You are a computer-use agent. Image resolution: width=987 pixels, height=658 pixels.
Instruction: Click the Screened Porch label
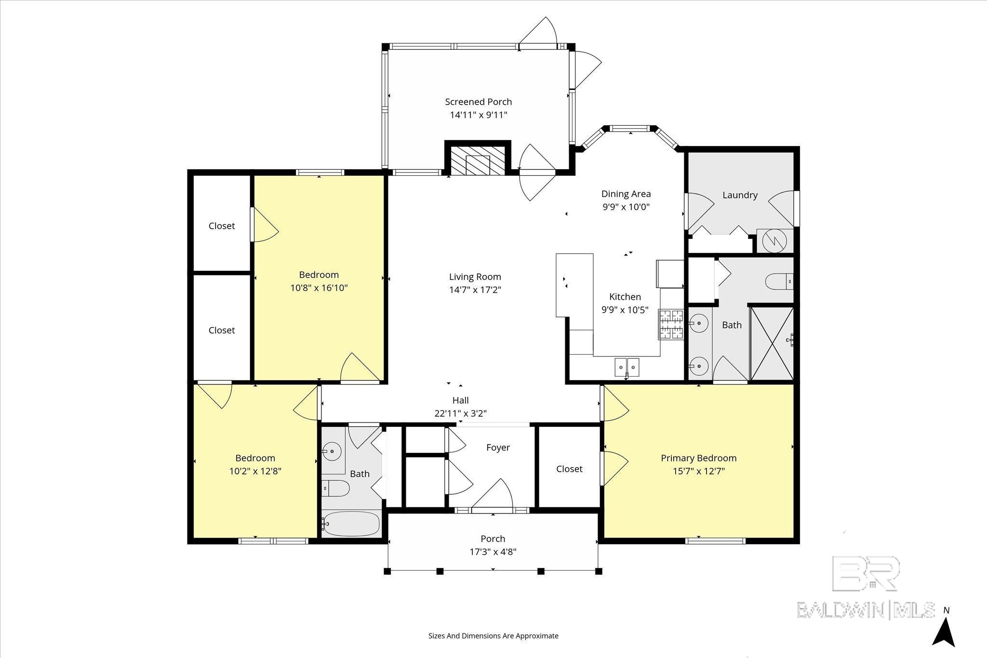click(x=478, y=102)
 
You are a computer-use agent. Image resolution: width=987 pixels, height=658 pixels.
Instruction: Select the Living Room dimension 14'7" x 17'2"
click(x=475, y=290)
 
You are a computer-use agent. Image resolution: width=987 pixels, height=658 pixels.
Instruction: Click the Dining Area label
click(x=626, y=194)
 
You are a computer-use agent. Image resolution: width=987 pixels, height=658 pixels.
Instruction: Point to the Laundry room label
click(x=740, y=195)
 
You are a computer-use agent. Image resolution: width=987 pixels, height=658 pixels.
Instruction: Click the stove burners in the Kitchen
click(x=671, y=324)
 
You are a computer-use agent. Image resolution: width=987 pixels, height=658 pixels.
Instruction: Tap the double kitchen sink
click(x=627, y=367)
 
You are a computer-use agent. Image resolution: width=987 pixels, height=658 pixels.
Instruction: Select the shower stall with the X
click(x=772, y=342)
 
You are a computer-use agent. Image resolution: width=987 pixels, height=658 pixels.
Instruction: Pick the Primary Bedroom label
click(x=698, y=458)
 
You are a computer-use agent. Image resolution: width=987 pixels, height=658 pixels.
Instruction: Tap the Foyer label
click(x=498, y=447)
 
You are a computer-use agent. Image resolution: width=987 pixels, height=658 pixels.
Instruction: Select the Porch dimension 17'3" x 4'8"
click(x=493, y=552)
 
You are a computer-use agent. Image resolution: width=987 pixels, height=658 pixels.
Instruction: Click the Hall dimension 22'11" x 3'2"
click(x=460, y=413)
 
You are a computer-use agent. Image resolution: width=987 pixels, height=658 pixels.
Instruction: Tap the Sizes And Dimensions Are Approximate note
click(x=493, y=636)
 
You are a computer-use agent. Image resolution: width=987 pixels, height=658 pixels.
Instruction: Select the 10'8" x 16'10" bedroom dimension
click(x=319, y=288)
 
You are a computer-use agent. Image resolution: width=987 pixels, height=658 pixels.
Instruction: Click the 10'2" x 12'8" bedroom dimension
click(x=255, y=471)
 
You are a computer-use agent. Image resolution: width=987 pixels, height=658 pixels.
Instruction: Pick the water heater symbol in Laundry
click(x=774, y=241)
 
